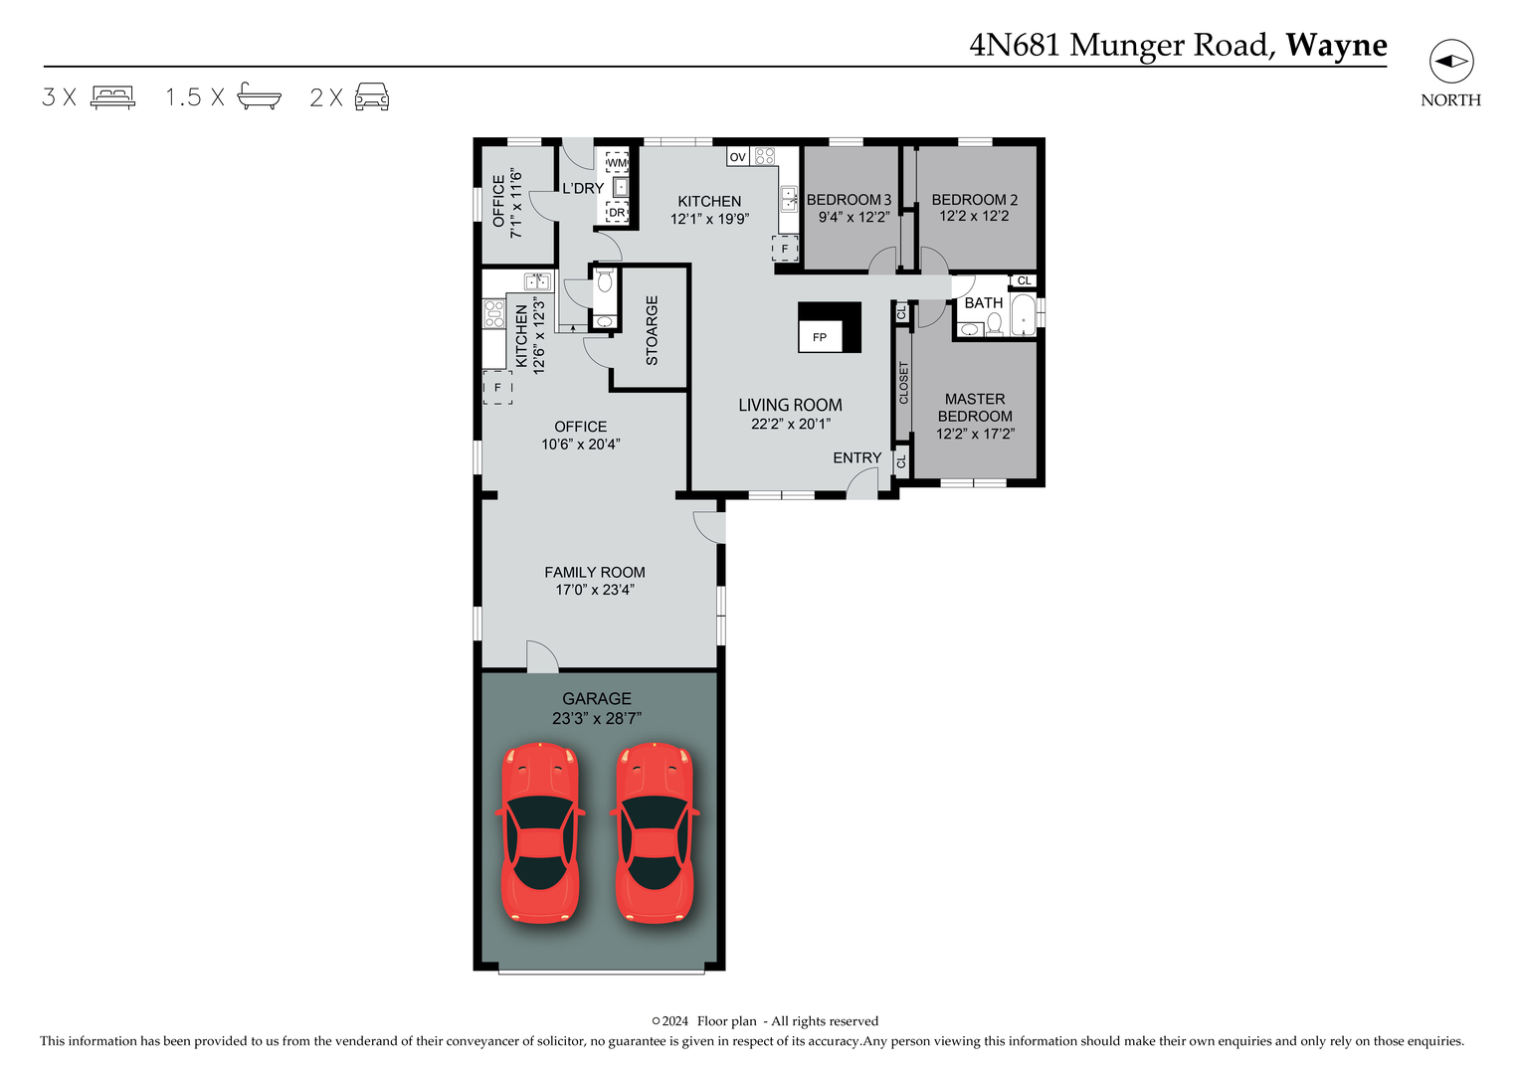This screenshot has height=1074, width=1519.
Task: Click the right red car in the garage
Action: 654,833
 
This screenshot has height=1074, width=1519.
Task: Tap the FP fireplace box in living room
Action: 821,336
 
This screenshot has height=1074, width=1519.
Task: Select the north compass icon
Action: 1450,62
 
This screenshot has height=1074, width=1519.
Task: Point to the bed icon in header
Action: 112,96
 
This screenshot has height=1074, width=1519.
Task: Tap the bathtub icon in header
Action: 259,96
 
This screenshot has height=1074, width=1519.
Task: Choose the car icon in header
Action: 372,96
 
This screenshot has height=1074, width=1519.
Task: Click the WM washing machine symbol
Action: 617,162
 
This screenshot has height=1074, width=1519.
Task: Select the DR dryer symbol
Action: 617,212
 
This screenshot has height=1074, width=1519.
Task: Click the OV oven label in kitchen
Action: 737,157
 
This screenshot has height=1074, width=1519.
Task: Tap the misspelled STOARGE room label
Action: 653,330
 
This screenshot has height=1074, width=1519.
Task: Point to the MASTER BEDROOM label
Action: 975,408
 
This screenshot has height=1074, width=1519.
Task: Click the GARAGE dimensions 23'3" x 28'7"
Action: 597,718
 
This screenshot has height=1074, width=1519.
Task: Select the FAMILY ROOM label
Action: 595,572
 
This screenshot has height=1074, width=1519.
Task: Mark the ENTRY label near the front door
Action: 856,457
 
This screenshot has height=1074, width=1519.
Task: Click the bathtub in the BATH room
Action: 1022,315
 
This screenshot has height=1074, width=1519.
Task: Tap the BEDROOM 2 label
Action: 974,200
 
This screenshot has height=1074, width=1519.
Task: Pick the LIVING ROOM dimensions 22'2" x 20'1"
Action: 790,424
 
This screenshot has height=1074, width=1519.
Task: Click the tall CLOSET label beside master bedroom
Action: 903,383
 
